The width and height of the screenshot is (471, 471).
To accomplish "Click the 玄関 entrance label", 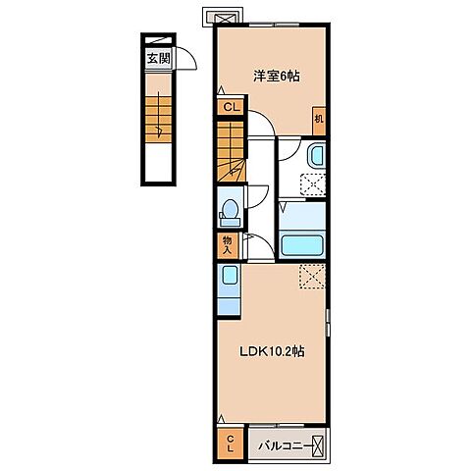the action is [x=158, y=59].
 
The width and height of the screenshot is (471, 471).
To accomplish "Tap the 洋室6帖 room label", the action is [x=277, y=77].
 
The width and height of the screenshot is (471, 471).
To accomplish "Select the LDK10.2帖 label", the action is [x=272, y=351].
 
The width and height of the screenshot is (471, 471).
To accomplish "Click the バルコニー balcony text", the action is [x=285, y=446].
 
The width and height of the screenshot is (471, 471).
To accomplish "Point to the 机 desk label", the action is [x=319, y=119].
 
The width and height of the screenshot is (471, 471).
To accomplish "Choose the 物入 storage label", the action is [x=227, y=245].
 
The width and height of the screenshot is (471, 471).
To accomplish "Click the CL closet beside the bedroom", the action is [x=232, y=107].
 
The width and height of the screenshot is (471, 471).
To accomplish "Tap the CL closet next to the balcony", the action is [x=231, y=444].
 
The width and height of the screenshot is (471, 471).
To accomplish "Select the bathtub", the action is [x=302, y=245].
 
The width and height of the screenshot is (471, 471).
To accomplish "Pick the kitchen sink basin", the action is [x=230, y=275].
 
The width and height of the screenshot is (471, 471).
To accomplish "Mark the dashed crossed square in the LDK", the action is [x=312, y=277].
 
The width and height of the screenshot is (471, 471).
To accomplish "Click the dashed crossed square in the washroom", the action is [x=313, y=184].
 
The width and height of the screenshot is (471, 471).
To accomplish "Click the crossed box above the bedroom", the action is [x=225, y=18].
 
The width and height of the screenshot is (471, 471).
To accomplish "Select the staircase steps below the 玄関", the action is [x=158, y=119].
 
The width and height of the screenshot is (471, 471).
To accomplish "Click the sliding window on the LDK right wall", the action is [x=328, y=322].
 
